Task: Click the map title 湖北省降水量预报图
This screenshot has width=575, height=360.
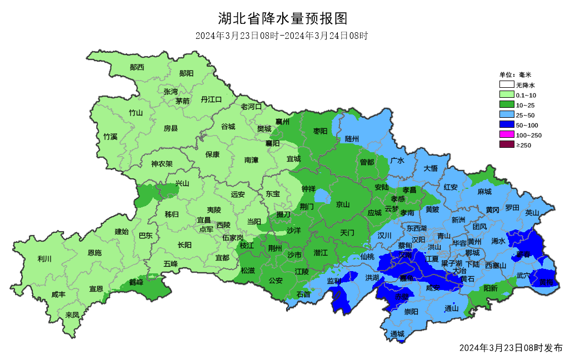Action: (x=283, y=19)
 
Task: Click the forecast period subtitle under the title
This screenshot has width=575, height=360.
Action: (x=282, y=36)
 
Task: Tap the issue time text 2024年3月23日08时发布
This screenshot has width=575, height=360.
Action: (x=511, y=348)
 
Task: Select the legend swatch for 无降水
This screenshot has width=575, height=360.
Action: (x=506, y=85)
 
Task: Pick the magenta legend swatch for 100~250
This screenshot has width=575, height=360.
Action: (x=506, y=135)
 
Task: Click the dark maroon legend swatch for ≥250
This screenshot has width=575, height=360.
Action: (x=506, y=145)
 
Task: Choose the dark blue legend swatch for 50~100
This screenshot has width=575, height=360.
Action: (x=506, y=125)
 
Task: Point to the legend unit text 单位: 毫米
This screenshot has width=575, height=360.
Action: (x=515, y=74)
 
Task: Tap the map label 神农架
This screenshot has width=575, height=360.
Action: (x=162, y=164)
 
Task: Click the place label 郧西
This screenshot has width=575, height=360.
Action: (x=137, y=67)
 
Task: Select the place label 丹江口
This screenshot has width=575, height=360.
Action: (x=211, y=99)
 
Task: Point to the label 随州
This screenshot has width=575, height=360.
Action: (x=352, y=138)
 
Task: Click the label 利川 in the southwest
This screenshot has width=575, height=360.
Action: (x=44, y=258)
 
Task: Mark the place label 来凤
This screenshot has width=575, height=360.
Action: (x=72, y=314)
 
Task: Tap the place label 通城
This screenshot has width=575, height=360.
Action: (x=397, y=334)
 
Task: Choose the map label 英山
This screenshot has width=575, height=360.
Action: (x=532, y=212)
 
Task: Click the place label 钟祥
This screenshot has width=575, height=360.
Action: (x=308, y=189)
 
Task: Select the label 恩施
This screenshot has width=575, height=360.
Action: (x=94, y=252)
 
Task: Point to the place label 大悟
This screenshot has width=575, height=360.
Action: (x=431, y=168)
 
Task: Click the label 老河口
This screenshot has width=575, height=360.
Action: (x=251, y=106)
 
